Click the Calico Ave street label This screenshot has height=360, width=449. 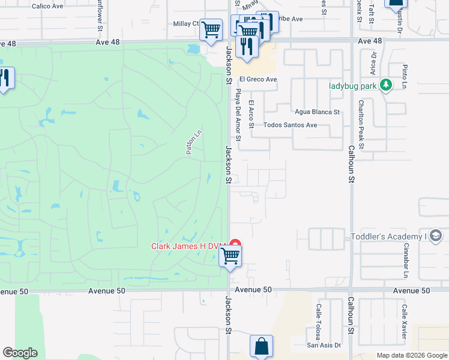tap(48, 6)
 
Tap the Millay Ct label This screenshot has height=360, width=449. tap(186, 23)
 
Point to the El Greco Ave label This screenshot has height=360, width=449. tap(258, 79)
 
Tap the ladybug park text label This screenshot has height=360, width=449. tap(353, 86)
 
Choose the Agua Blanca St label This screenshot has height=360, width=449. tap(317, 112)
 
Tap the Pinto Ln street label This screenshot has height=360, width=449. tap(405, 77)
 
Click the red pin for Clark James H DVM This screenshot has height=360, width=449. tap(236, 245)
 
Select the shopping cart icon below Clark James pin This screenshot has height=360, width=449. tap(231, 256)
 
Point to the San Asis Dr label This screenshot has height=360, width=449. tap(324, 345)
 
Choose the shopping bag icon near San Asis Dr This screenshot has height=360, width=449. tap(262, 346)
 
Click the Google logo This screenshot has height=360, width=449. tap(20, 353)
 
